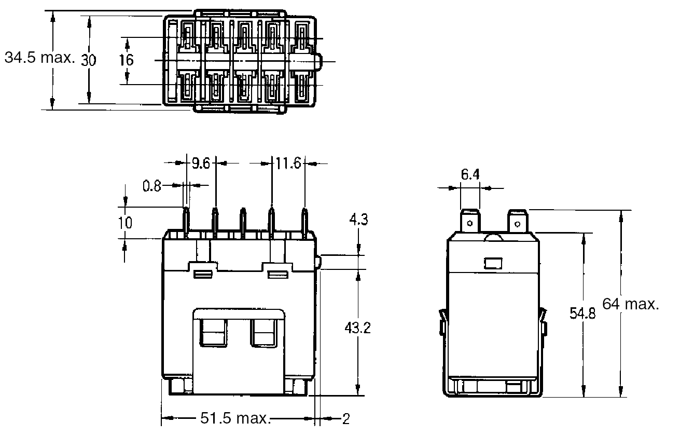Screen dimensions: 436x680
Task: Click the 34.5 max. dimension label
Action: point(39,58)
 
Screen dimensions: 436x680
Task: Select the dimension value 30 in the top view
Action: point(89,60)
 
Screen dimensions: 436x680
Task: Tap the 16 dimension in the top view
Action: point(126,60)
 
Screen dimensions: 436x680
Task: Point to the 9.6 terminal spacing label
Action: point(201,164)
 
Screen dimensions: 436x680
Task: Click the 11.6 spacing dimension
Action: point(288,164)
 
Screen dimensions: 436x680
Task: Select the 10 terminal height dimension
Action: point(125,223)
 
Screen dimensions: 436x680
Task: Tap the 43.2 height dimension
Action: point(358,329)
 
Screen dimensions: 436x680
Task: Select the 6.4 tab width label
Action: point(470,175)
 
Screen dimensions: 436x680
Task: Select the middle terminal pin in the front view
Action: point(242,222)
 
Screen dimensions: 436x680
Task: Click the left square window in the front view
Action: point(213,333)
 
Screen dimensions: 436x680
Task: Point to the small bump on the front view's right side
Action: point(318,262)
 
